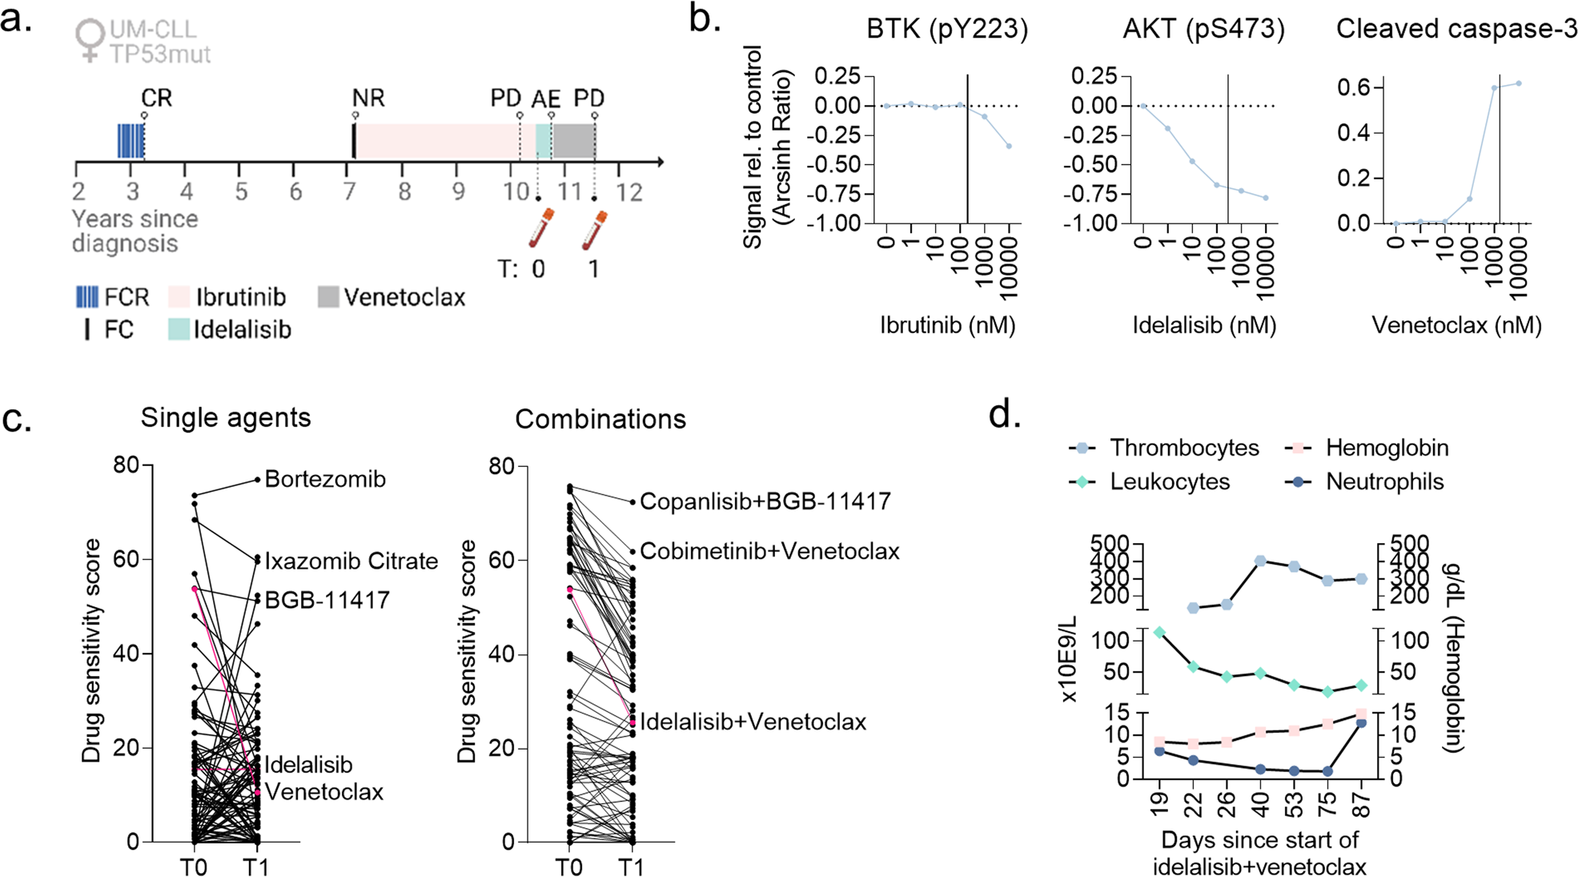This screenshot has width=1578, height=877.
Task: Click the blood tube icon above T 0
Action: coord(542,227)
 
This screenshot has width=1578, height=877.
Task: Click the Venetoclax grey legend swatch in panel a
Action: coord(328,297)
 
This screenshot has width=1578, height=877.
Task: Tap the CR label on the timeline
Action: coord(156,98)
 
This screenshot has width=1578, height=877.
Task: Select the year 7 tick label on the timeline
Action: coord(350,192)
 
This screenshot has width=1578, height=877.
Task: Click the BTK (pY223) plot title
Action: coord(947,30)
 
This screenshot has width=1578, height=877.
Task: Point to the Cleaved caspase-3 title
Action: coord(1456,30)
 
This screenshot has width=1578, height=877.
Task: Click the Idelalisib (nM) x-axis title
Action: coord(1204,325)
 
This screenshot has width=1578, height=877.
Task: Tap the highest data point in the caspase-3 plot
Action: coord(1518,83)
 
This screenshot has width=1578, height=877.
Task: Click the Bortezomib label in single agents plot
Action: coord(325,479)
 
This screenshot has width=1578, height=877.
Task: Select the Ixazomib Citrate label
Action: coord(351,561)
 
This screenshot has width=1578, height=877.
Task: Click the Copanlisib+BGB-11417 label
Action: coord(765,501)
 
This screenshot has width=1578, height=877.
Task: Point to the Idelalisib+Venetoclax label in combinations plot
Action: coord(753,722)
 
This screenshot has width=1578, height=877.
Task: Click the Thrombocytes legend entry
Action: coord(1183,448)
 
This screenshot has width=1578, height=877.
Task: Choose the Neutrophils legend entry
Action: coord(1384,481)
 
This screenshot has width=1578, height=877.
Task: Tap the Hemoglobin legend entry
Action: coord(1387,448)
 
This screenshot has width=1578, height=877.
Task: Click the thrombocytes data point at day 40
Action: coord(1260,561)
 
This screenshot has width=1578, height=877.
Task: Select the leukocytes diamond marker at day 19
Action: coord(1159,633)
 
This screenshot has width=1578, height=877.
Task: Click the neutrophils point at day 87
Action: coord(1361,723)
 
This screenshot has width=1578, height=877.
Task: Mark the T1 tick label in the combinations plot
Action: coord(632,867)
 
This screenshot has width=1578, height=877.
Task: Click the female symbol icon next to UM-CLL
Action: coord(90,40)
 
